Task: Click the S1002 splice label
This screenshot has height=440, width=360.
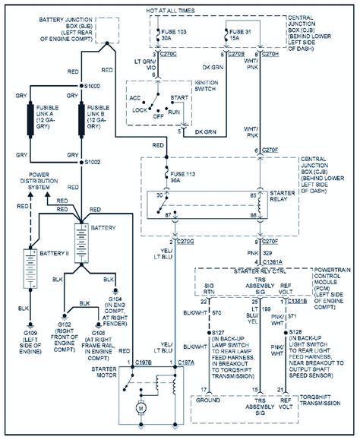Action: (95, 162)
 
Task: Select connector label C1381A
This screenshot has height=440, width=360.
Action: (276, 261)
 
